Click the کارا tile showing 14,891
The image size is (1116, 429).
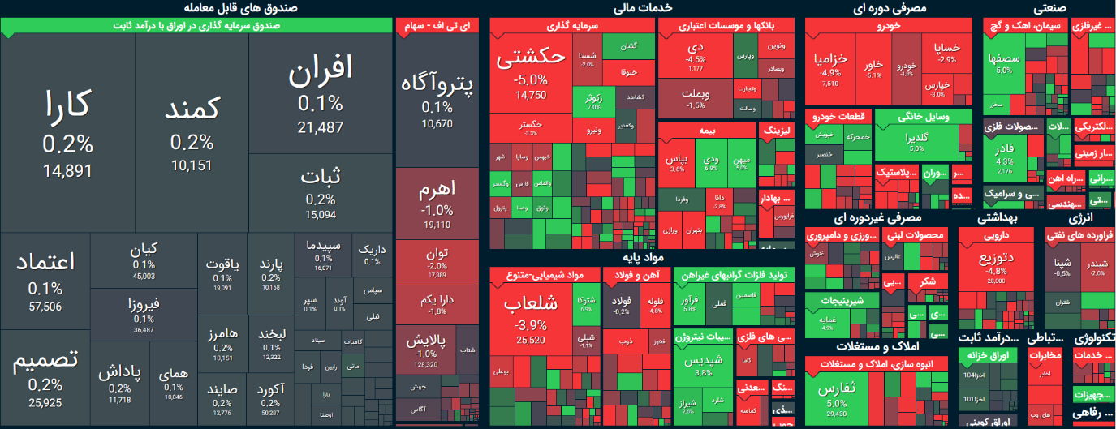click(68, 134)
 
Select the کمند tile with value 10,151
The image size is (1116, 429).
click(192, 134)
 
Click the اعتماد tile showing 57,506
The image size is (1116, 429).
click(45, 280)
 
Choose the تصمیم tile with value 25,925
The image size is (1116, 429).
click(45, 377)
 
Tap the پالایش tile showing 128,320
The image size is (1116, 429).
click(426, 349)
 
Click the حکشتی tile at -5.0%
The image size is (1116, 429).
click(531, 73)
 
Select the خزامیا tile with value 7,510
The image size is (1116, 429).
click(830, 69)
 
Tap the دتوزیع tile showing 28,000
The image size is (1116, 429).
click(996, 264)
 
